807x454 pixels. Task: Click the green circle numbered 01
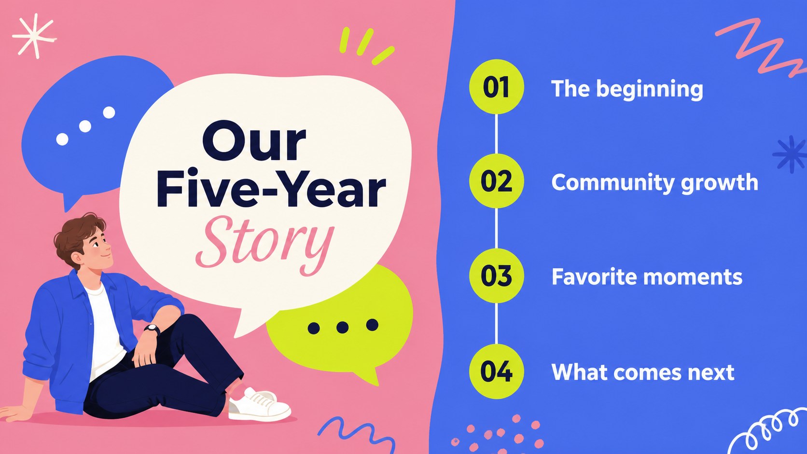pyautogui.click(x=497, y=87)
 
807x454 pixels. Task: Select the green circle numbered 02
pyautogui.click(x=497, y=181)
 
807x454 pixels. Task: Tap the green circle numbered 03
pyautogui.click(x=497, y=276)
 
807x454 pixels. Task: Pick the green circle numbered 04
pyautogui.click(x=497, y=371)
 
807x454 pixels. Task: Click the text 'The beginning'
pyautogui.click(x=627, y=89)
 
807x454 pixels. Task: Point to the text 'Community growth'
pyautogui.click(x=654, y=183)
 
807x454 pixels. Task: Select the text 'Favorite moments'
pyautogui.click(x=647, y=277)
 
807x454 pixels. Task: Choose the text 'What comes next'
pyautogui.click(x=643, y=372)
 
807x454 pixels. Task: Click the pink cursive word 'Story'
pyautogui.click(x=265, y=245)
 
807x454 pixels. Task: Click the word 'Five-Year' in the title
pyautogui.click(x=271, y=189)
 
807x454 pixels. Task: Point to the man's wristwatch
pyautogui.click(x=152, y=329)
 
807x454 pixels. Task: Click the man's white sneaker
pyautogui.click(x=259, y=405)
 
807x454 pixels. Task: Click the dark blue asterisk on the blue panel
pyautogui.click(x=791, y=154)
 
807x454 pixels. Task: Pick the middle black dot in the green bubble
pyautogui.click(x=342, y=327)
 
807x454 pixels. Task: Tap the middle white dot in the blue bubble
pyautogui.click(x=85, y=126)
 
